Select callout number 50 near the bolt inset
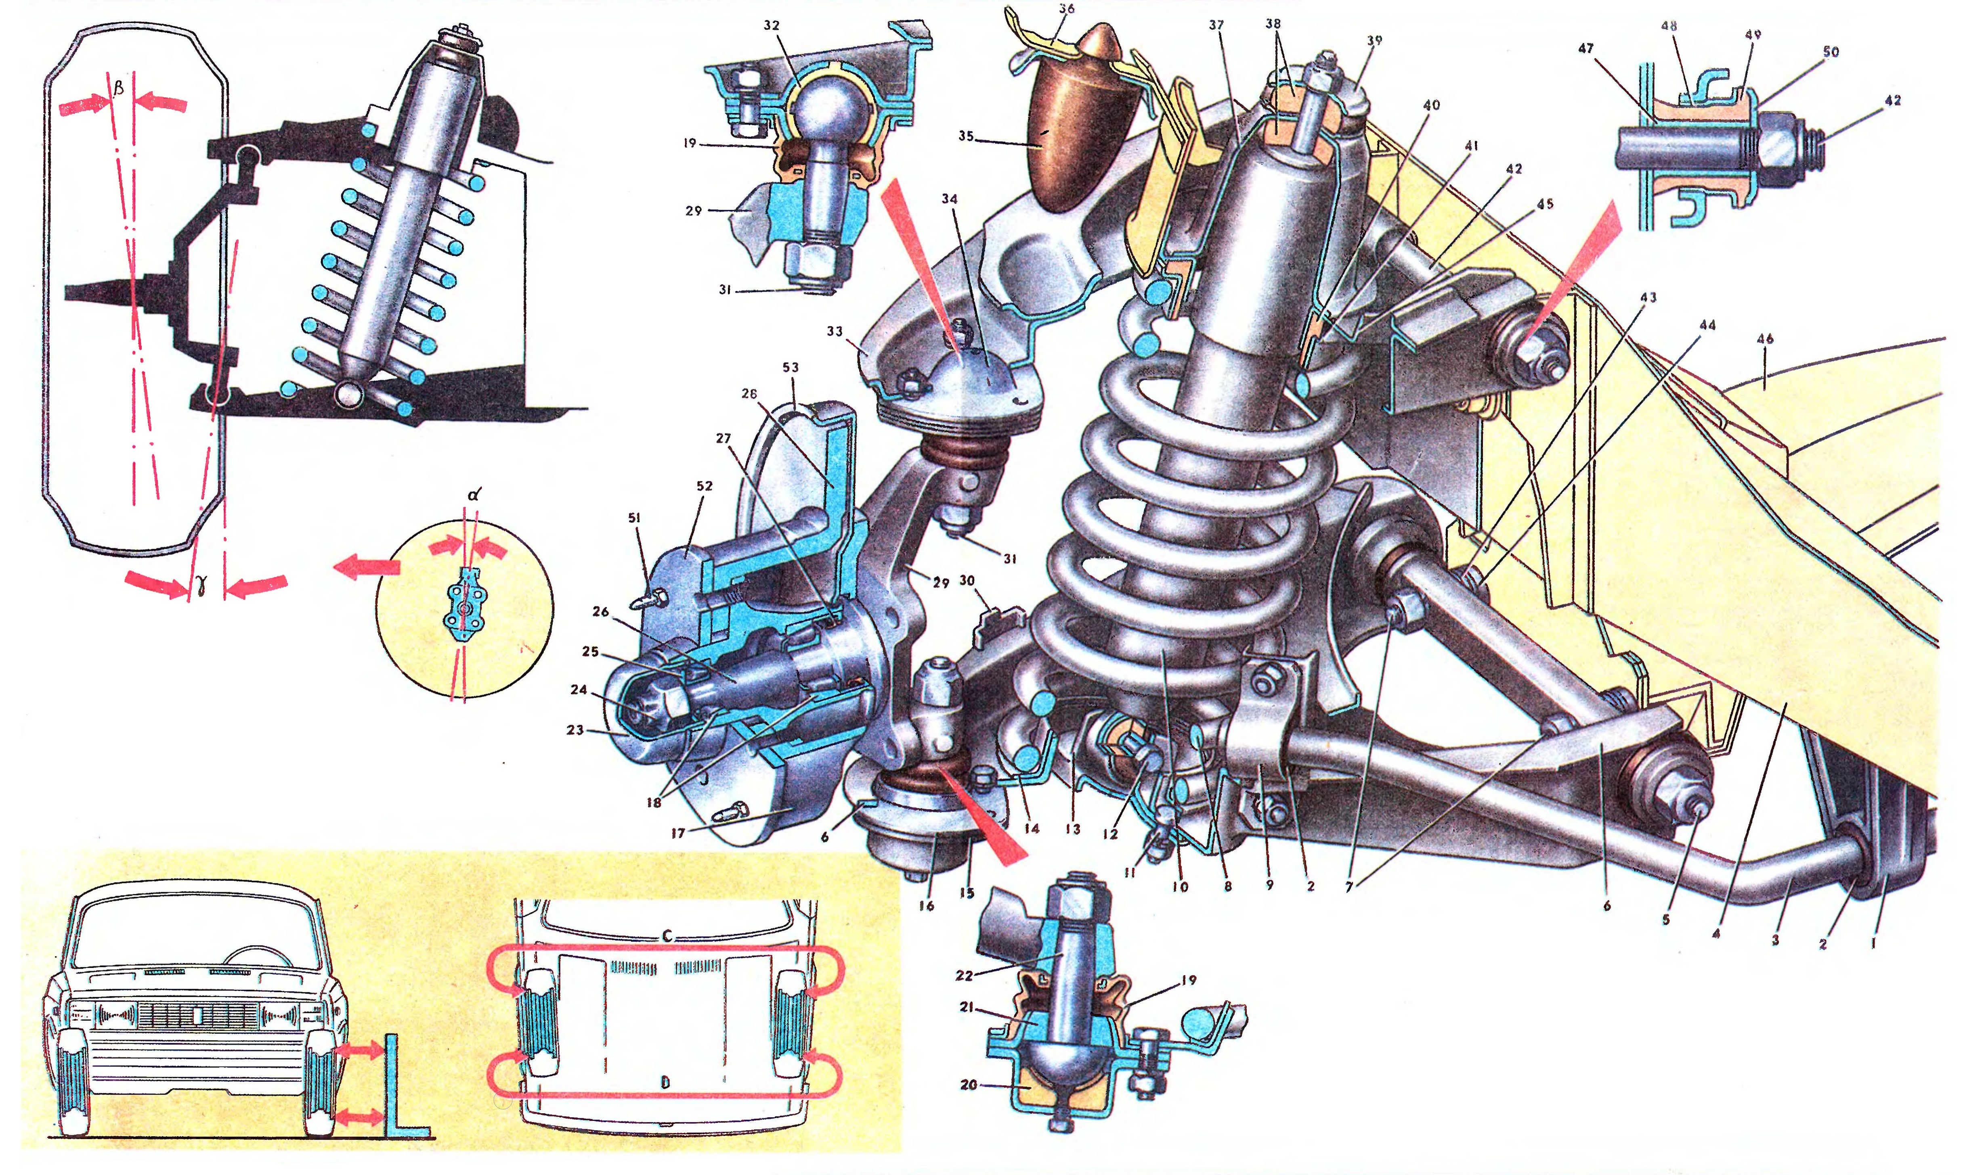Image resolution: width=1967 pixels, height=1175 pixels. (1831, 52)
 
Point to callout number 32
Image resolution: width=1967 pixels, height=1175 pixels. (771, 25)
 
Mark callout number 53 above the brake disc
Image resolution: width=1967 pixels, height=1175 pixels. (790, 367)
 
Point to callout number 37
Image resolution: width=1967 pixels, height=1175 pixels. (1216, 25)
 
